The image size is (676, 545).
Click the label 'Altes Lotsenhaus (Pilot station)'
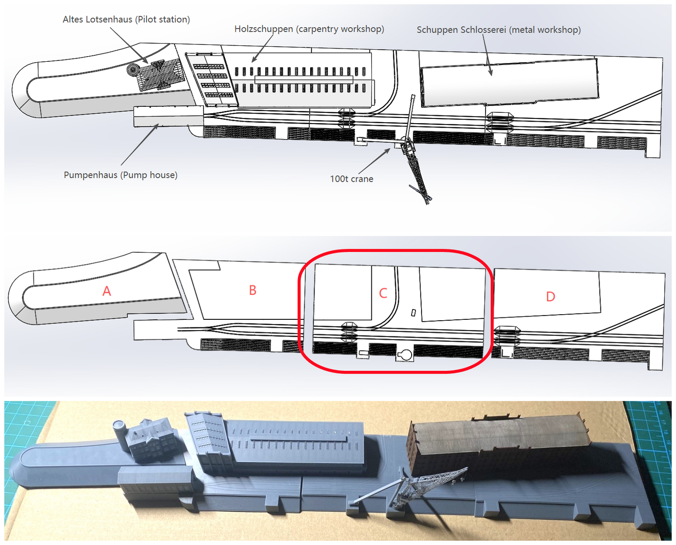tap(126, 20)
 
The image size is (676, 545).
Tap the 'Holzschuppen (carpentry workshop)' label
tap(309, 29)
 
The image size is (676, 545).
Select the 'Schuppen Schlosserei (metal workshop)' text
tap(499, 30)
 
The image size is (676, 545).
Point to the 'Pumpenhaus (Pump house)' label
tap(121, 175)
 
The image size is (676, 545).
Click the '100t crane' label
tap(351, 179)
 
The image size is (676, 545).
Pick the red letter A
tap(107, 291)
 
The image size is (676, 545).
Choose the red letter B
tap(253, 290)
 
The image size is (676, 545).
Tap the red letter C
tap(383, 294)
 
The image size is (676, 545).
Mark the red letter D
tap(550, 296)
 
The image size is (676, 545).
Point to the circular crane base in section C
tap(406, 355)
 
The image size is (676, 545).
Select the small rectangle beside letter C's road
tap(414, 313)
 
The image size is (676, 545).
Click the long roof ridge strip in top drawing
tap(304, 80)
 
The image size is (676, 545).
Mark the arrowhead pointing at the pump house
tap(156, 127)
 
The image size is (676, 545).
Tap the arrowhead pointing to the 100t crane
tap(388, 151)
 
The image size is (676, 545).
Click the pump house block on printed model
tap(155, 484)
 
